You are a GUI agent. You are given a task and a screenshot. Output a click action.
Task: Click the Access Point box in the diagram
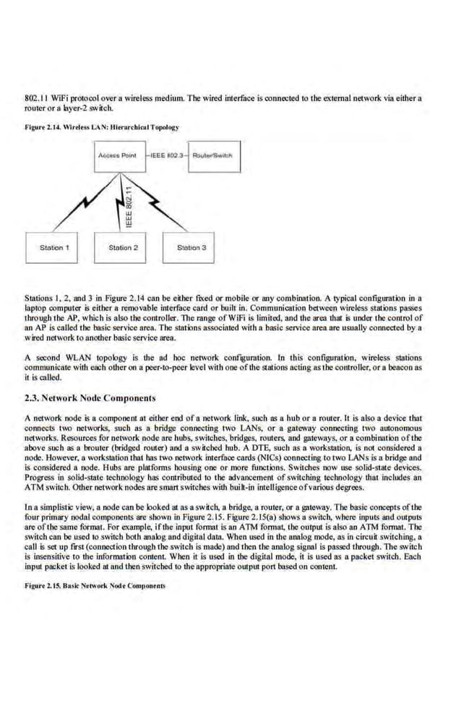pyautogui.click(x=119, y=156)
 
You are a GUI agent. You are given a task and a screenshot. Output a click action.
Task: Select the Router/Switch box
pyautogui.click(x=214, y=156)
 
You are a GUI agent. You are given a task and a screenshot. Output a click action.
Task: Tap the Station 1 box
pyautogui.click(x=54, y=248)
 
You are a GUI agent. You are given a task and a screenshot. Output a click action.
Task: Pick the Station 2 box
pyautogui.click(x=123, y=248)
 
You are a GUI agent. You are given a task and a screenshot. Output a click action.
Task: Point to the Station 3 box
pyautogui.click(x=191, y=248)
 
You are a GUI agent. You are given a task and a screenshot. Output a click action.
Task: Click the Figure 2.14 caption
pyautogui.click(x=101, y=127)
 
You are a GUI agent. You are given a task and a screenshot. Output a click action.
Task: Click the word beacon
pyautogui.click(x=397, y=367)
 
